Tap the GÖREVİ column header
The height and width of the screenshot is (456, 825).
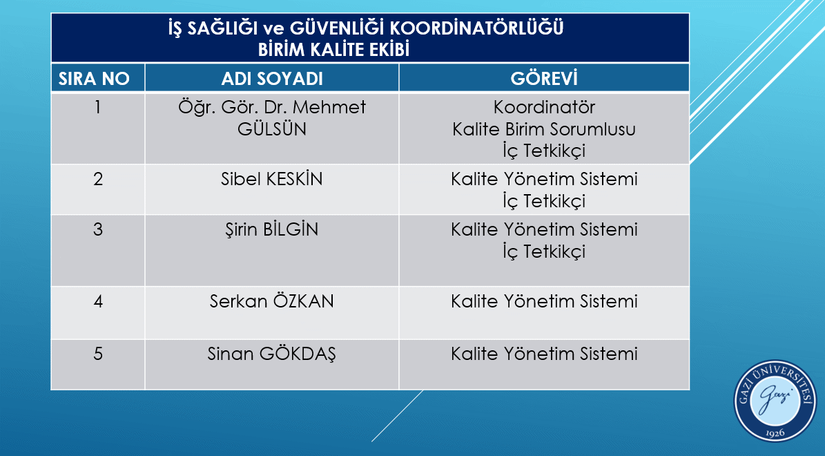click(x=544, y=78)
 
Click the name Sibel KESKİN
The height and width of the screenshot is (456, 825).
click(x=272, y=180)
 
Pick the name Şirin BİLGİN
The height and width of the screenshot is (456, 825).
click(x=272, y=229)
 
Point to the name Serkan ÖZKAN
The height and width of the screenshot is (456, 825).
click(x=272, y=302)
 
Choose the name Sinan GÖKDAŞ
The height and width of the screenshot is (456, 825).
click(x=272, y=354)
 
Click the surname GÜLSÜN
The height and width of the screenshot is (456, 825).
click(x=272, y=129)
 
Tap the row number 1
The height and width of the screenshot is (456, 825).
click(x=98, y=108)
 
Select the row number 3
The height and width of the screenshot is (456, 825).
click(x=98, y=229)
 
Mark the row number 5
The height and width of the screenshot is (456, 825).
click(x=98, y=354)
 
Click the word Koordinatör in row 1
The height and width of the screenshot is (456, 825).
click(x=544, y=108)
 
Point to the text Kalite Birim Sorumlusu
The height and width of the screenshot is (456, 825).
click(x=544, y=129)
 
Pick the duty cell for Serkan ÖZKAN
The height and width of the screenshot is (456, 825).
click(x=544, y=302)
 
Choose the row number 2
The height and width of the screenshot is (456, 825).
click(x=98, y=180)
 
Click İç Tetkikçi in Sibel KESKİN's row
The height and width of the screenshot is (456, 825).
click(x=544, y=201)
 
